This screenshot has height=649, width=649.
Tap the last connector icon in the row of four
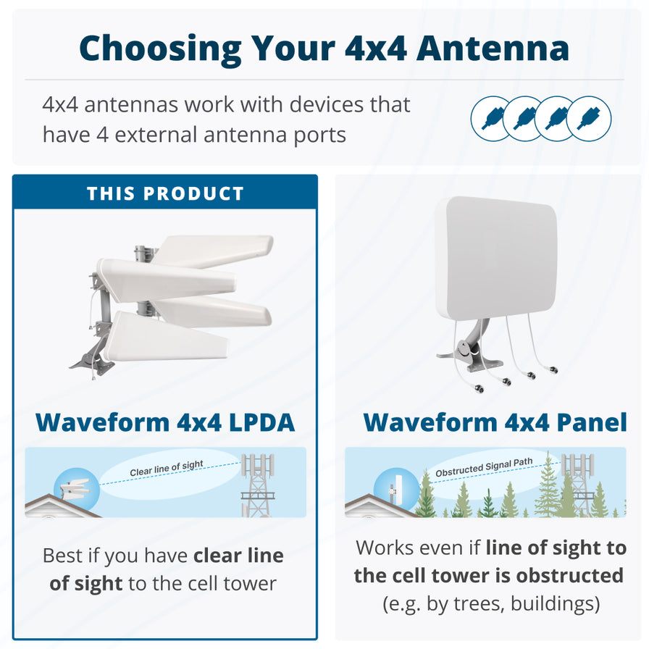tap(589, 118)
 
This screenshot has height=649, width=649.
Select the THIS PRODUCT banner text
tap(165, 193)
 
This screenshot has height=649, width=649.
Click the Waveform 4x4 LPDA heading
tap(165, 422)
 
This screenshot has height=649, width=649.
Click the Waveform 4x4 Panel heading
tap(495, 422)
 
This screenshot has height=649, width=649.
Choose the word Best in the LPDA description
tap(64, 556)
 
